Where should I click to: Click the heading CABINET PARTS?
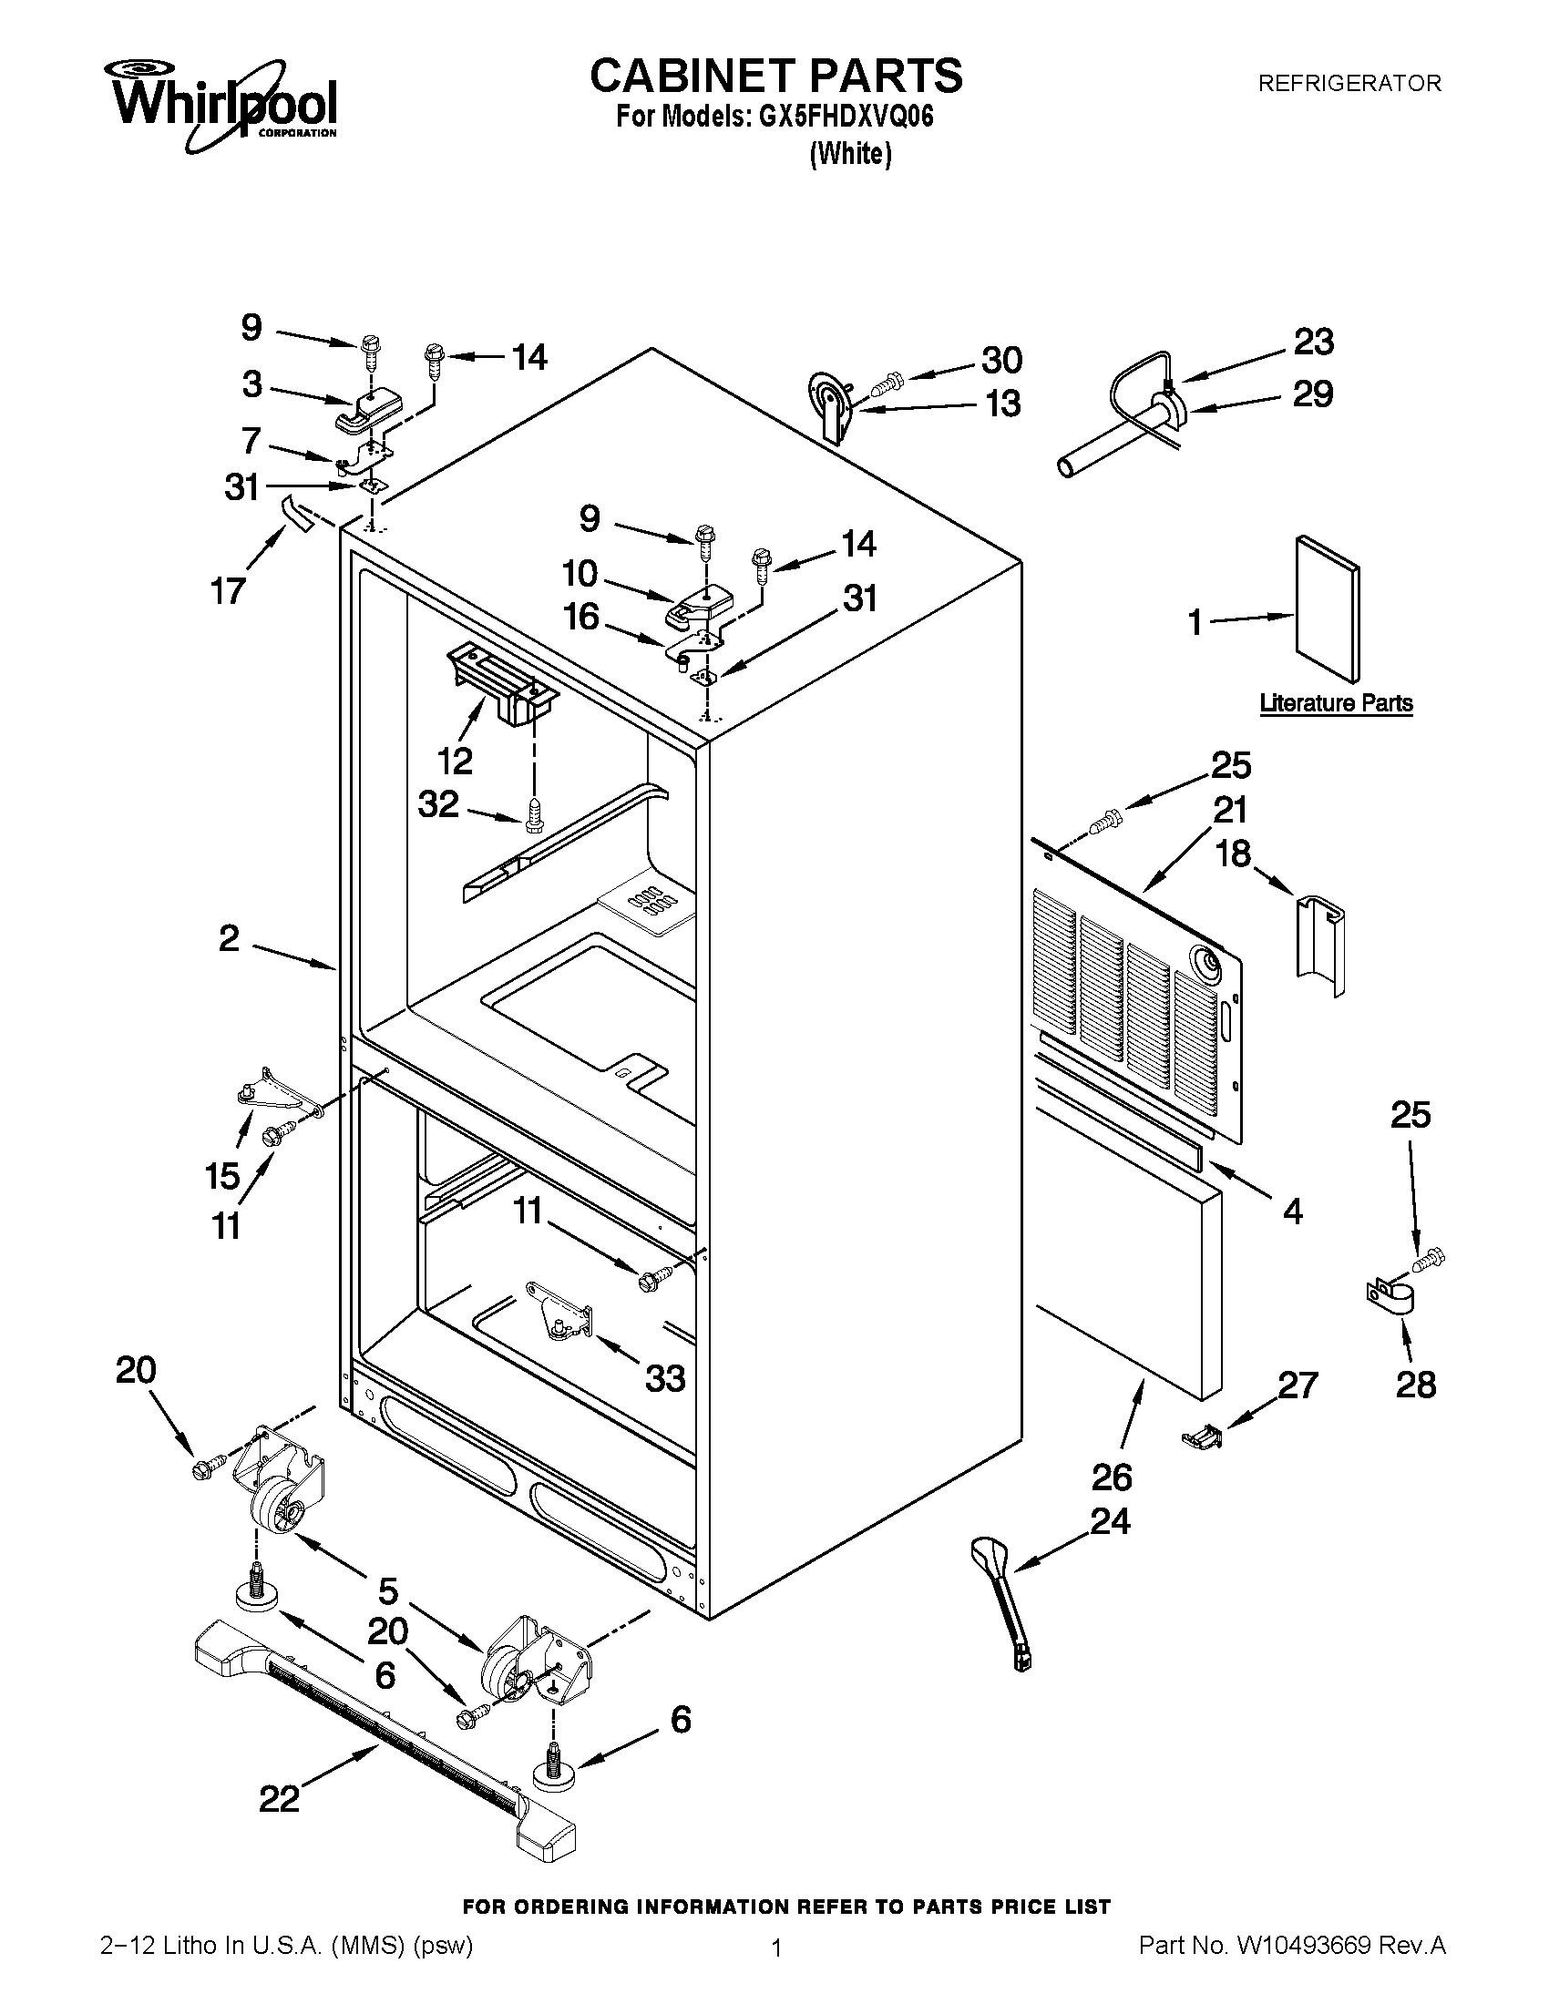click(775, 76)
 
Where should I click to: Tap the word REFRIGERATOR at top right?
click(1349, 84)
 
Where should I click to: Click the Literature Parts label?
click(1335, 703)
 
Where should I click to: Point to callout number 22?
click(279, 1799)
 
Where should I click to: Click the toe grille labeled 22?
click(385, 1716)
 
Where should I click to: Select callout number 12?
click(455, 760)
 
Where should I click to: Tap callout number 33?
click(665, 1377)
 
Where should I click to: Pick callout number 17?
click(229, 589)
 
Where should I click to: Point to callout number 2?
click(229, 937)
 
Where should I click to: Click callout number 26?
click(1112, 1477)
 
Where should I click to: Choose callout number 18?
click(1233, 854)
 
